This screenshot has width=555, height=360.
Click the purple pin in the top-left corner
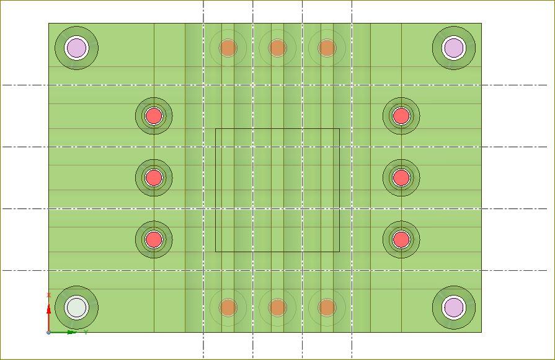pyautogui.click(x=77, y=48)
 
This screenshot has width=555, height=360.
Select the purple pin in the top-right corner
pyautogui.click(x=454, y=48)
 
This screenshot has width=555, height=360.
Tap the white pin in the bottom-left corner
pyautogui.click(x=77, y=307)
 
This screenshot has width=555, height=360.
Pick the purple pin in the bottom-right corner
pyautogui.click(x=454, y=307)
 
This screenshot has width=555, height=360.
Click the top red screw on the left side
pyautogui.click(x=154, y=116)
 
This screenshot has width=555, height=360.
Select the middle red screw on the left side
pyautogui.click(x=154, y=178)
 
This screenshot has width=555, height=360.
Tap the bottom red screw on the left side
pyautogui.click(x=154, y=239)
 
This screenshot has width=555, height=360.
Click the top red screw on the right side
pyautogui.click(x=401, y=116)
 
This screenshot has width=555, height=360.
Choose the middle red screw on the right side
pyautogui.click(x=401, y=178)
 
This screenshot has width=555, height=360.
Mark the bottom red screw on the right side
pyautogui.click(x=401, y=239)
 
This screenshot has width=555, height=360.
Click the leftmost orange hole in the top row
pyautogui.click(x=228, y=48)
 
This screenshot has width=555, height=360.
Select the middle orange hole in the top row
pyautogui.click(x=277, y=48)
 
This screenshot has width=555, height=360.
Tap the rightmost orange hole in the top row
pyautogui.click(x=327, y=48)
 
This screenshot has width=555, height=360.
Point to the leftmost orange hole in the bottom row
pyautogui.click(x=228, y=307)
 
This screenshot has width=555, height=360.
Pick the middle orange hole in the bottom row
pyautogui.click(x=277, y=307)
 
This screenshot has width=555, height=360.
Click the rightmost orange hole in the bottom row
pyautogui.click(x=327, y=307)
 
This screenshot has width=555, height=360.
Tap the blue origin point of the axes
pyautogui.click(x=48, y=333)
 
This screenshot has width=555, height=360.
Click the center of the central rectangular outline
pyautogui.click(x=277, y=190)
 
